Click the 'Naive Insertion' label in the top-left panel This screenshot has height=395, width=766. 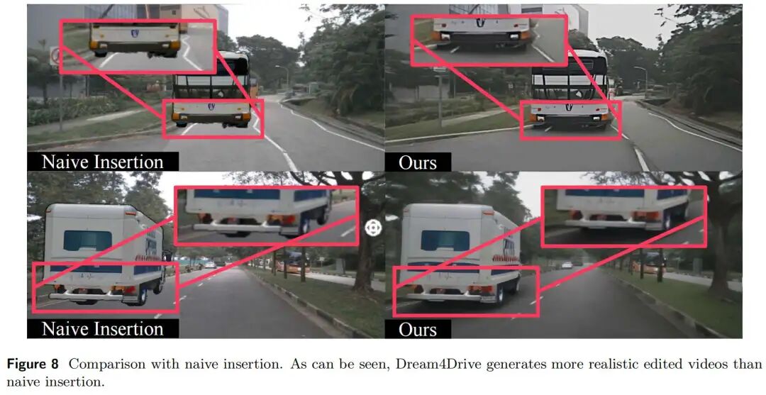tap(102, 162)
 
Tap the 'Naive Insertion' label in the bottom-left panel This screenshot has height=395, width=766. tap(102, 329)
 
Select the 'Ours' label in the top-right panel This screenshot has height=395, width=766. tap(418, 162)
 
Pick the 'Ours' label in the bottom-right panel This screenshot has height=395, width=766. tap(418, 330)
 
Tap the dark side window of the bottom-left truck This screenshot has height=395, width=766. tap(87, 240)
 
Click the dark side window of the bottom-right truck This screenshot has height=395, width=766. tap(444, 240)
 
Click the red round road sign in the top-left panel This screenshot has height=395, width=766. tap(55, 55)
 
